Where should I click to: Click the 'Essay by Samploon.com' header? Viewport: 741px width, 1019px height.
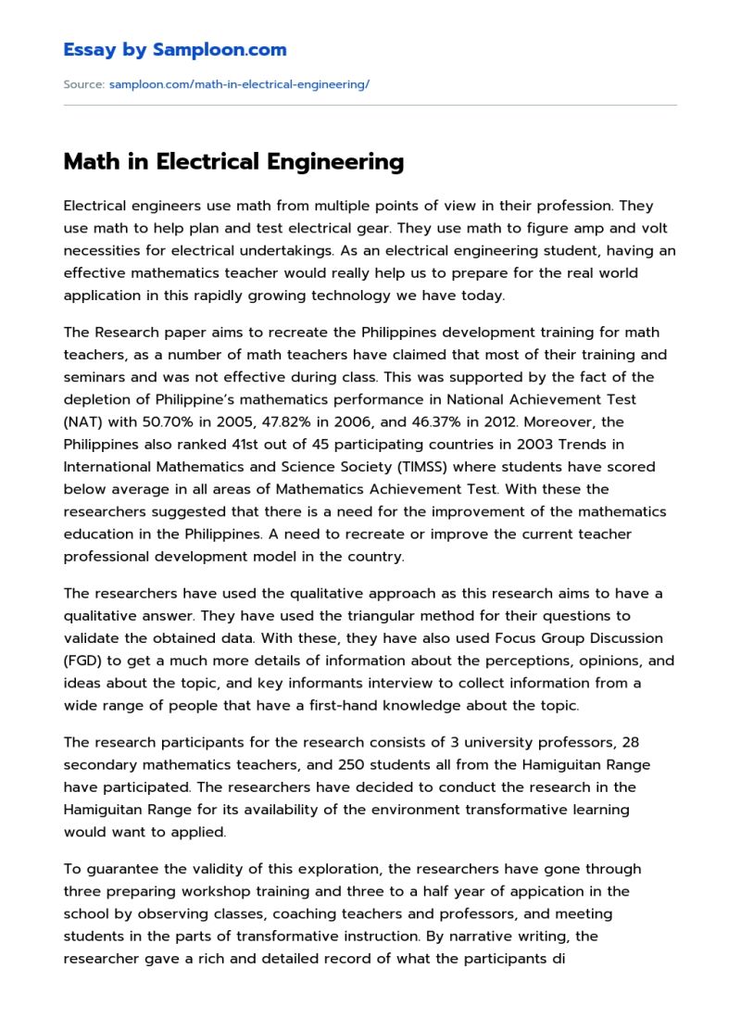pyautogui.click(x=175, y=50)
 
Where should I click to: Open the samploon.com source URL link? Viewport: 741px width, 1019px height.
pyautogui.click(x=239, y=84)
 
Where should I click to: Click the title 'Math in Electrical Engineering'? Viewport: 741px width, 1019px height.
pyautogui.click(x=233, y=162)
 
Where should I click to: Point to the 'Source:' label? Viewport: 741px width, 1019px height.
pyautogui.click(x=83, y=84)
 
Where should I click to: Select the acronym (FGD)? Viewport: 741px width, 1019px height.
pyautogui.click(x=85, y=660)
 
